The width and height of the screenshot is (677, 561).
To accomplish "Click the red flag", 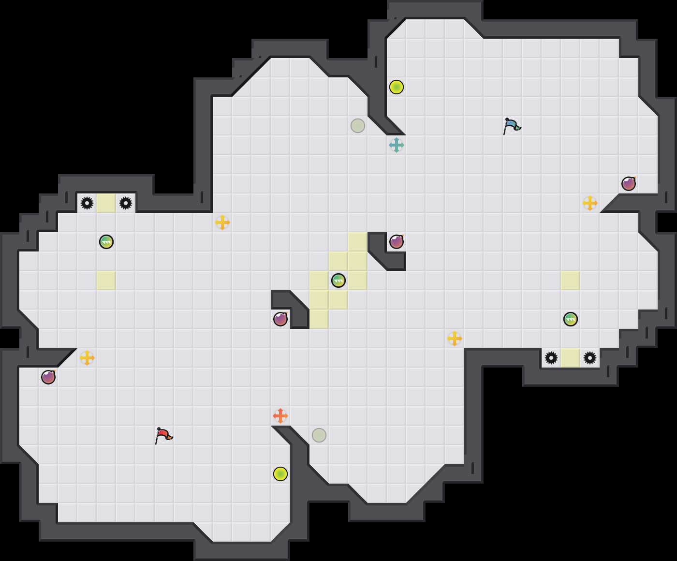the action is coord(163,435).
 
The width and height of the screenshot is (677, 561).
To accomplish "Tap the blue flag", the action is coord(512,126).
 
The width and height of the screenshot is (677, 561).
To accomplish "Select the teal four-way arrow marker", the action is coord(397,145).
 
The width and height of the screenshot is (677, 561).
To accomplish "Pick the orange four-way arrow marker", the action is coord(280,416).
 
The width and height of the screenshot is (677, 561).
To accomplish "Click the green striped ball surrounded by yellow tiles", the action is coord(338,280).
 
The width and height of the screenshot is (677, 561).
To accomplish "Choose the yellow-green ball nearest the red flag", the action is coord(280,474).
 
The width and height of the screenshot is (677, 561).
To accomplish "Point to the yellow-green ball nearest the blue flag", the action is coord(397,87).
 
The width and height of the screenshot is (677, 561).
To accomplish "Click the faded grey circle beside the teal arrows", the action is coord(358,126).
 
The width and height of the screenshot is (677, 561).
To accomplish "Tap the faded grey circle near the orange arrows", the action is coord(319,435).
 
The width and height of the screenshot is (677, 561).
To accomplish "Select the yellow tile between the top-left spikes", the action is coord(106,203).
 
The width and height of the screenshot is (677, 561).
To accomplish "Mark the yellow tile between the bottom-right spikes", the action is coord(571,358).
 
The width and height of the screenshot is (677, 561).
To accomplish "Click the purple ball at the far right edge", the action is coord(629,184).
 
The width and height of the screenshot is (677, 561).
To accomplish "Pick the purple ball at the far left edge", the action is coord(48,377).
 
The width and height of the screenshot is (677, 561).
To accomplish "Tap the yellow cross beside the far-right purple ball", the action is coord(590,203).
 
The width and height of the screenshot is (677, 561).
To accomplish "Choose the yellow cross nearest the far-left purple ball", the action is coord(87,358).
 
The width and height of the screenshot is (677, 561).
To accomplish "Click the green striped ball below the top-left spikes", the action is coord(106,242).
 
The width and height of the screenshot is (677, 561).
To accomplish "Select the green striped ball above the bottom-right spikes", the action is coord(571,319).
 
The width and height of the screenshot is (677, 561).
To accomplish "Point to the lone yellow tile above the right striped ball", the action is coord(571,280).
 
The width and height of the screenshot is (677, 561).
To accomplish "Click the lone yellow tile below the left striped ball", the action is coord(106,280).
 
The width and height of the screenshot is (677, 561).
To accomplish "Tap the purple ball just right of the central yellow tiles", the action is coord(397,242).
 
